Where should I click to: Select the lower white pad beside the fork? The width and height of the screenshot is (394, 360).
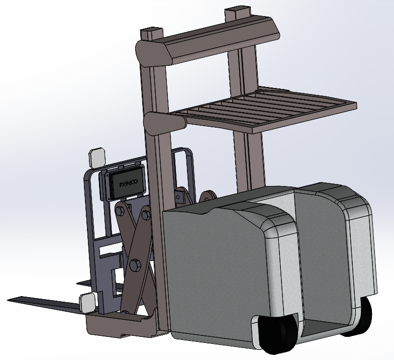(87, 303)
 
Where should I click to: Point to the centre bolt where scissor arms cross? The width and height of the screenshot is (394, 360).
(136, 264)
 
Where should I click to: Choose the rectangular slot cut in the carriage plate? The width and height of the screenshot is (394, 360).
(111, 250)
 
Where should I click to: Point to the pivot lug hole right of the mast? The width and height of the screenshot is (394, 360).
(206, 197)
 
